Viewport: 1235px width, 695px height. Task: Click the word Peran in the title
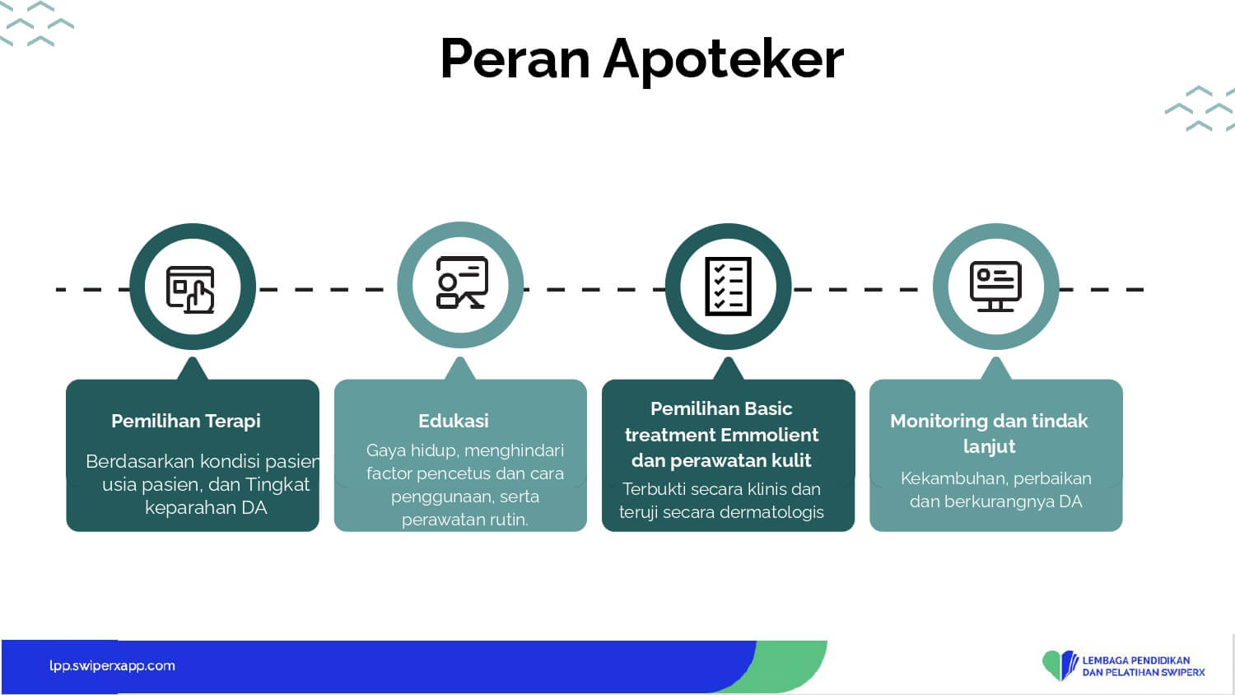[x=515, y=59]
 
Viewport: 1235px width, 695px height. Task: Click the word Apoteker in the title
[x=724, y=62]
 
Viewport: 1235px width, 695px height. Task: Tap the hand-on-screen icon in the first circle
[x=191, y=290]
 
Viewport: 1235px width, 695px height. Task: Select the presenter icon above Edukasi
[x=462, y=282]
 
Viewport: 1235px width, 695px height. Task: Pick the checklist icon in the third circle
[x=729, y=287]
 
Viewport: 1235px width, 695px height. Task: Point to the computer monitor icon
[x=995, y=287]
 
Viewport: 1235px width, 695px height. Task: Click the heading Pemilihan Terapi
[x=186, y=421]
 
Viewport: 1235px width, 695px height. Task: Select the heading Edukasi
[x=453, y=421]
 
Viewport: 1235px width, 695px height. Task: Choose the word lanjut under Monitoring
[x=989, y=446]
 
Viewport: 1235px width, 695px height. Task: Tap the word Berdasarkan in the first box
[x=140, y=461]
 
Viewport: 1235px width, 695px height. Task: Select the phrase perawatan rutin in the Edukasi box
[x=465, y=520]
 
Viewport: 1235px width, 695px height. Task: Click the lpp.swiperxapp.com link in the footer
[x=112, y=665]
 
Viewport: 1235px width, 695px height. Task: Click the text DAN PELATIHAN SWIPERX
[x=1144, y=673]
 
